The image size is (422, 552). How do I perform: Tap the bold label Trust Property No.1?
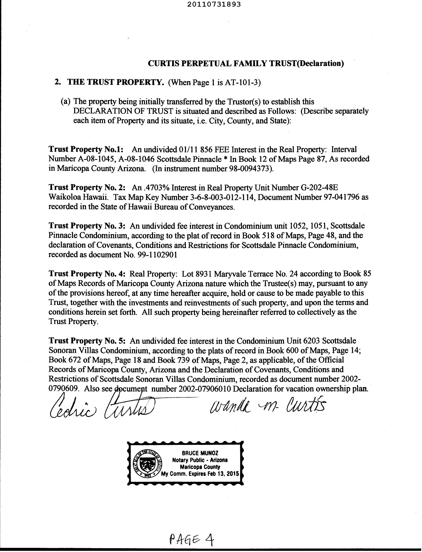(86, 149)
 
